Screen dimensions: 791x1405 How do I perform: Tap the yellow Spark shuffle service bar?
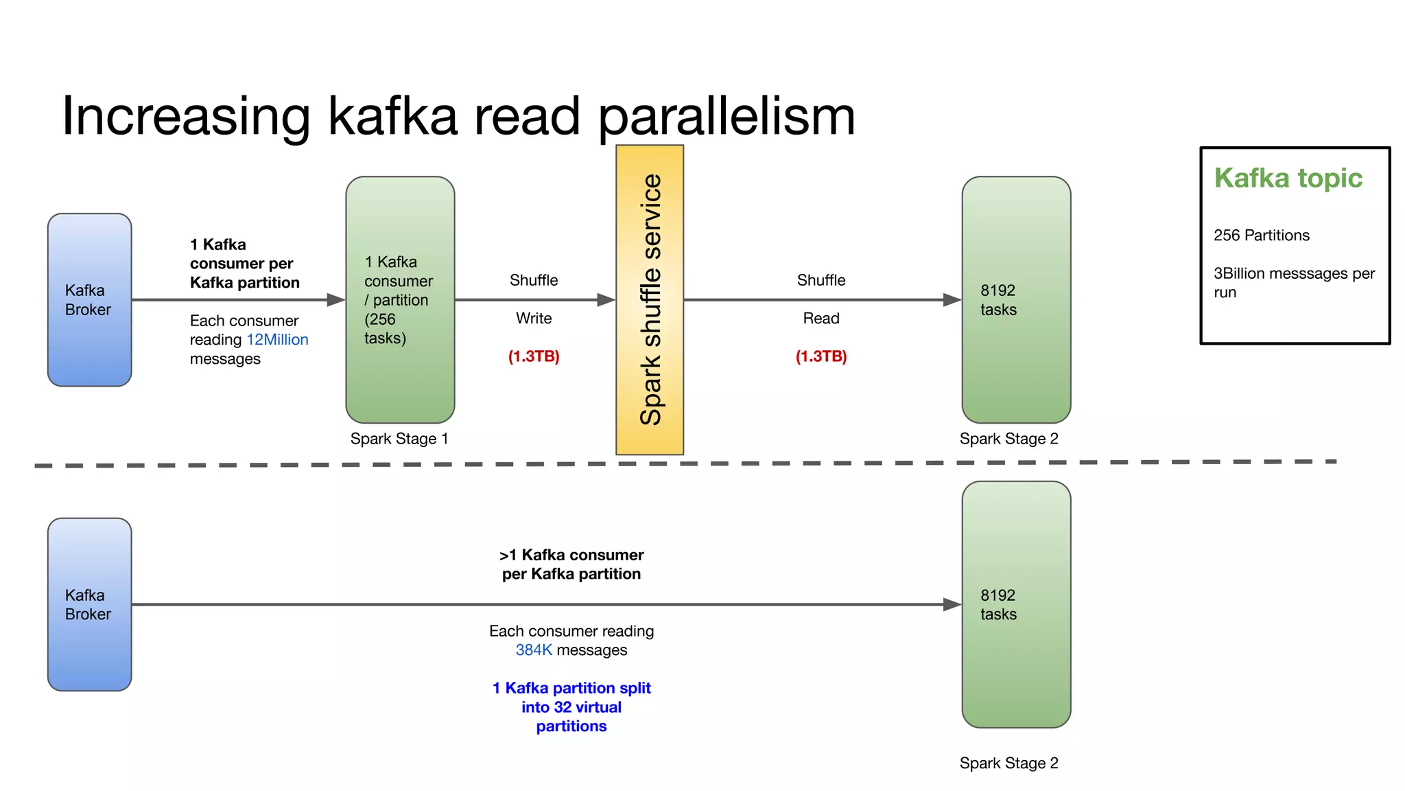(649, 300)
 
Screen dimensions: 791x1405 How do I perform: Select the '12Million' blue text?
(277, 340)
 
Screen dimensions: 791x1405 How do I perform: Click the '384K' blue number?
(534, 650)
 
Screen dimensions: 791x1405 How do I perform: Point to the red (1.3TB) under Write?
(534, 356)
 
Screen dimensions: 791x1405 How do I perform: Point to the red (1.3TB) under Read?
(821, 356)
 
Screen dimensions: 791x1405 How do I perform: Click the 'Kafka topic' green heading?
(1288, 179)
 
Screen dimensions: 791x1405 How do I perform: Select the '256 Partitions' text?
(1261, 236)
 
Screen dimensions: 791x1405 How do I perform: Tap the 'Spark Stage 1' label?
(399, 439)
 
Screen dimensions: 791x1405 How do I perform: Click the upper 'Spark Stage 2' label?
(1008, 439)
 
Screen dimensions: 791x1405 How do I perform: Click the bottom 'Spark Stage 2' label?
(1008, 764)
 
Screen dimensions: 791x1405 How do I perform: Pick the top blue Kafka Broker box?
(89, 300)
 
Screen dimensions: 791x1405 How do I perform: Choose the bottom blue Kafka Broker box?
(89, 604)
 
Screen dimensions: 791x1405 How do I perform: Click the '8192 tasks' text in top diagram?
(998, 300)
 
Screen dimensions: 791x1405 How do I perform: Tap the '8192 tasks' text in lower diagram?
(998, 605)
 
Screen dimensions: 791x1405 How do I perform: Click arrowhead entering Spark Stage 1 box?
(335, 300)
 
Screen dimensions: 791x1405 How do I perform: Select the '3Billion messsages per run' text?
(1294, 283)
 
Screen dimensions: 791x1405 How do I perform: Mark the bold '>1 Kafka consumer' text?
(571, 555)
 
